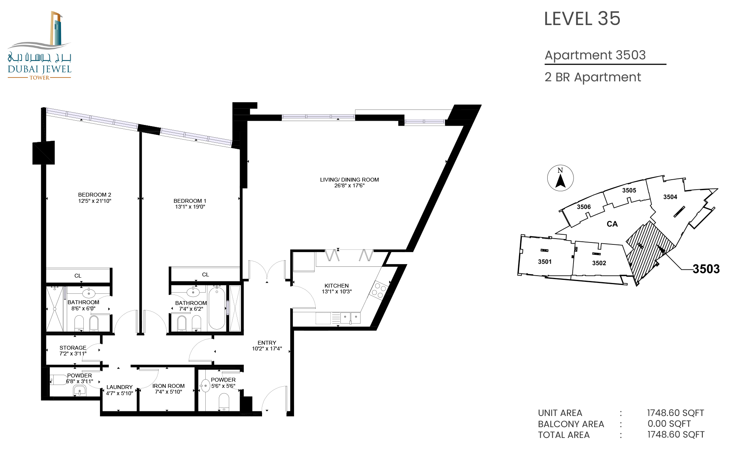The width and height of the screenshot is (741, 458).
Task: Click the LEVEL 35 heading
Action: (x=582, y=19)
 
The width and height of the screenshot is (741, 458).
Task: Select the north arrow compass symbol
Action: (x=560, y=178)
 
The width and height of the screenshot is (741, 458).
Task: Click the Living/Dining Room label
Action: (x=349, y=180)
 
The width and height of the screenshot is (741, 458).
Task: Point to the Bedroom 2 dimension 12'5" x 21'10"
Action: (x=95, y=201)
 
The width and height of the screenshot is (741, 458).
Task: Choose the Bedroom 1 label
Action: (x=190, y=201)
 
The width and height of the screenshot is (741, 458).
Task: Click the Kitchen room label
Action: (x=337, y=286)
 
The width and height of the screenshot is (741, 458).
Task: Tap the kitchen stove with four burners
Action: (x=379, y=290)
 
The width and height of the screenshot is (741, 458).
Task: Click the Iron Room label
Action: (x=168, y=386)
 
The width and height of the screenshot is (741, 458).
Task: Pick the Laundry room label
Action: (x=120, y=387)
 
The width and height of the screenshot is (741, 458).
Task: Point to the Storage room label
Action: (x=73, y=348)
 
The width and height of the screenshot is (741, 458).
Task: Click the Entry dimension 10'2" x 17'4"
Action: (x=267, y=349)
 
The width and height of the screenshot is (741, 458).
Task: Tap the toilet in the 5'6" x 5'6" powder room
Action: (x=224, y=402)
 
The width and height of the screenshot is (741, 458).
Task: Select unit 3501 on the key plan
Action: (x=545, y=262)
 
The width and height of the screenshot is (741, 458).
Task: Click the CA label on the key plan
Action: (x=612, y=224)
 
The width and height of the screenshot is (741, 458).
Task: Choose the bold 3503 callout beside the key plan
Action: (x=706, y=269)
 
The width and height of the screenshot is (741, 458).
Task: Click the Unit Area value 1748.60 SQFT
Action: (x=676, y=413)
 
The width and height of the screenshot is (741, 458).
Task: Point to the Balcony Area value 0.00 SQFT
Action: (x=669, y=424)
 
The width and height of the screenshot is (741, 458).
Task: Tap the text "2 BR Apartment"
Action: (x=593, y=77)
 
